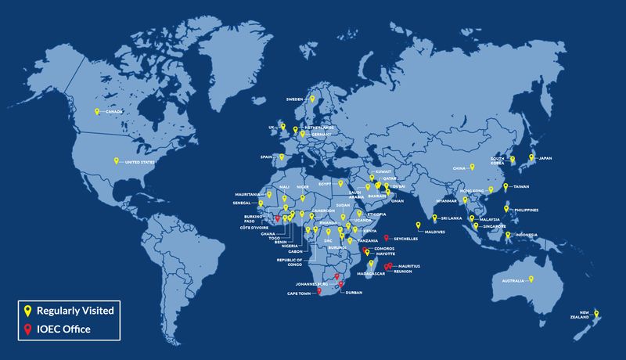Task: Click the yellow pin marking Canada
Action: click(x=97, y=112)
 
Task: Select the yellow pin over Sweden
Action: click(x=311, y=99)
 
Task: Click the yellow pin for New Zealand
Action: click(x=596, y=314)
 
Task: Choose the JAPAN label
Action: click(x=545, y=158)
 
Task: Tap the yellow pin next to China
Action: click(x=472, y=167)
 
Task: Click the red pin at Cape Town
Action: click(x=318, y=290)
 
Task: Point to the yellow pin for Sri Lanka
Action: click(x=434, y=218)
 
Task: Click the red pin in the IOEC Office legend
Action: click(x=27, y=329)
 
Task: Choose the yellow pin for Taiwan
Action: click(x=506, y=186)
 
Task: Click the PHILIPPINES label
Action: click(x=526, y=209)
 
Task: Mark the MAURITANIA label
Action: click(x=250, y=194)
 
